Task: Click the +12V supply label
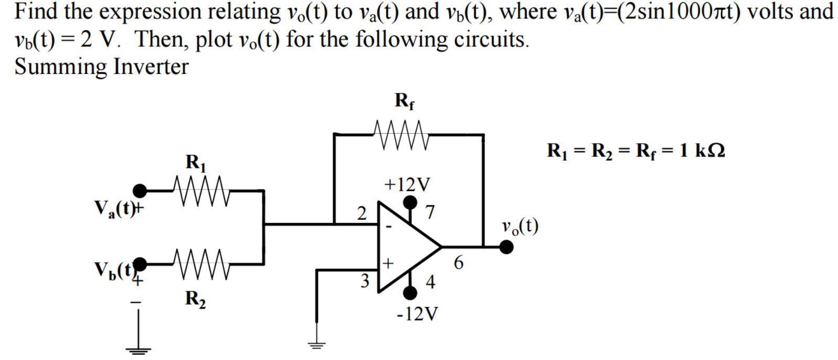coord(407,185)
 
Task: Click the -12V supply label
coord(417,314)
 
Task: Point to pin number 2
coord(362,213)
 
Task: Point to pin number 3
coord(365,281)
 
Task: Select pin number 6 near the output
coord(458,262)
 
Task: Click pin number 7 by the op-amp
coord(430,212)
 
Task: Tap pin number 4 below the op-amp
coord(430,282)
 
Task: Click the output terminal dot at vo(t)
coord(506,247)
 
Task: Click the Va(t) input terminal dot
coord(140,190)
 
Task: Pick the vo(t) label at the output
coord(519,226)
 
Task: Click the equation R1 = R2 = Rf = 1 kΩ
coord(635,151)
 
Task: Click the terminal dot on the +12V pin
coord(410,202)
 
